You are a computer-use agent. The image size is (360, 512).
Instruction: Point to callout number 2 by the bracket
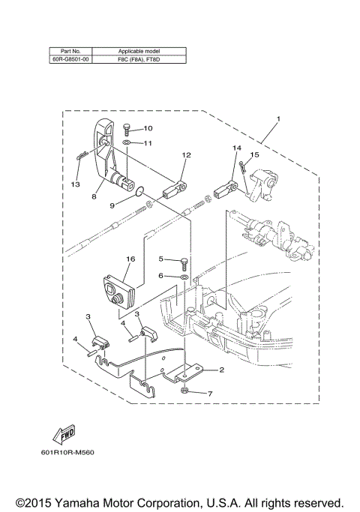click(x=221, y=370)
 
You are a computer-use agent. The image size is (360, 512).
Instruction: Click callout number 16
click(x=130, y=259)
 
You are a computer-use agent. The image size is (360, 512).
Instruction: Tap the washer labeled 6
click(x=184, y=277)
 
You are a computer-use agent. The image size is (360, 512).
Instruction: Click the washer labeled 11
click(x=127, y=142)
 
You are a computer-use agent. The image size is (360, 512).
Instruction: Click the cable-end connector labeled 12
click(x=175, y=183)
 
